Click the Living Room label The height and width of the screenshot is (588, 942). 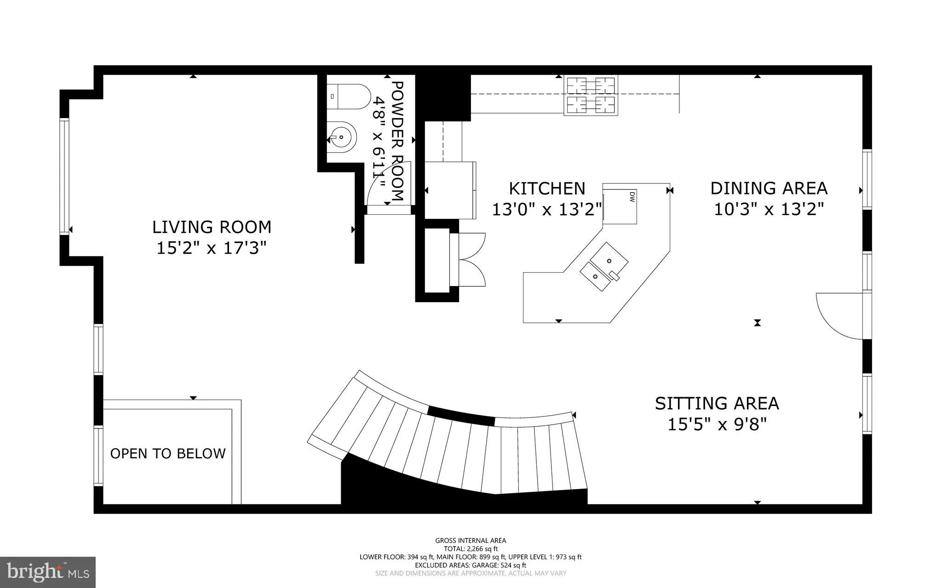(x=212, y=227)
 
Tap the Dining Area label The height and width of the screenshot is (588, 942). (x=769, y=188)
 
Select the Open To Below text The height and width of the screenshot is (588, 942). (x=168, y=454)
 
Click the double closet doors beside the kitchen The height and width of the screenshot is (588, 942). (x=472, y=260)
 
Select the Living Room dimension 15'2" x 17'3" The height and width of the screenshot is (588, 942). (x=212, y=249)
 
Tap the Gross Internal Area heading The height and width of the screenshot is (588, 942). (x=471, y=541)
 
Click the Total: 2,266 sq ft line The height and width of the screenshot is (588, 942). (x=471, y=548)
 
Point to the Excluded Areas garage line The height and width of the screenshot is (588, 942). (x=471, y=565)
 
